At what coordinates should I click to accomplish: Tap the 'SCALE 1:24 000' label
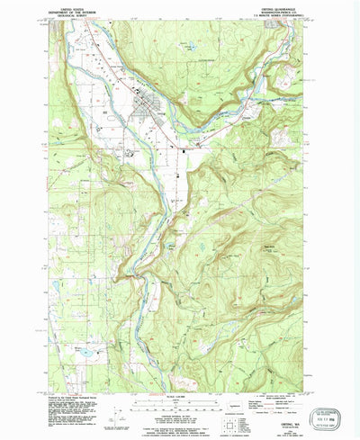pyautogui.click(x=179, y=392)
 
